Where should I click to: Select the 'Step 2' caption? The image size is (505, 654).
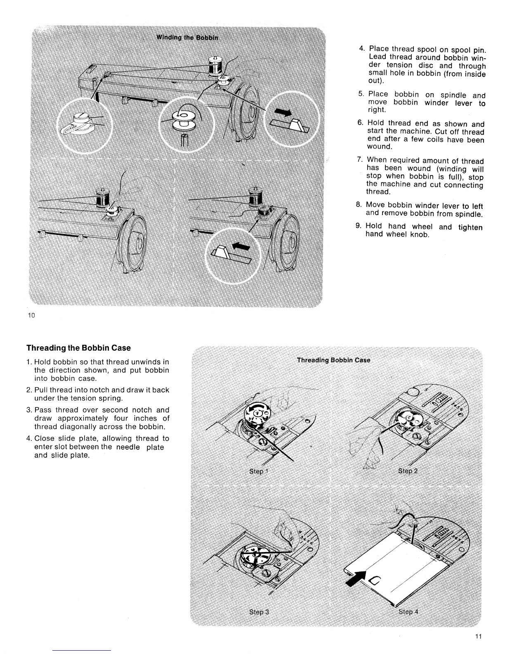(x=408, y=471)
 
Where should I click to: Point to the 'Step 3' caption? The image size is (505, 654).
(x=259, y=611)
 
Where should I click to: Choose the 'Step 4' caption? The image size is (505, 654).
(x=408, y=611)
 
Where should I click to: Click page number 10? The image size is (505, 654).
(x=31, y=315)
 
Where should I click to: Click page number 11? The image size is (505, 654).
(x=478, y=636)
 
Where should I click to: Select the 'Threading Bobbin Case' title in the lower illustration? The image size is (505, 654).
(x=333, y=360)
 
